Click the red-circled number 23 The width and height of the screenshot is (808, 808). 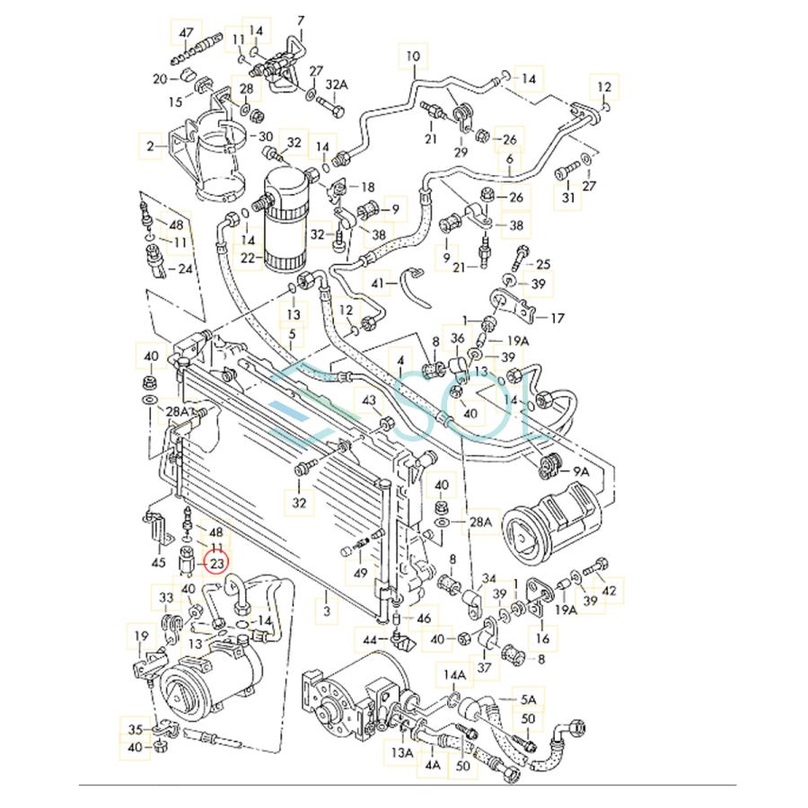tap(216, 564)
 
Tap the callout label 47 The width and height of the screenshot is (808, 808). tap(186, 32)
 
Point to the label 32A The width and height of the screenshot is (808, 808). tap(336, 84)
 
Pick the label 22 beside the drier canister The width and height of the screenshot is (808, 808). tap(248, 259)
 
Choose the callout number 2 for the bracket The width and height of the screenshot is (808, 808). tap(151, 144)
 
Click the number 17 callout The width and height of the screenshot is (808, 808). tap(557, 317)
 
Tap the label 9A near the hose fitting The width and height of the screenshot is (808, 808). tap(581, 470)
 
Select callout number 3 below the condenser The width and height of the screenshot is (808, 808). tap(327, 611)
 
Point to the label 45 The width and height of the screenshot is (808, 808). tap(159, 563)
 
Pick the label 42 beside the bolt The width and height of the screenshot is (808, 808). tap(610, 590)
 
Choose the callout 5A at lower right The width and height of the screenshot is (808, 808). tap(528, 698)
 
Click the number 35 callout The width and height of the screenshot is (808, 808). tap(136, 728)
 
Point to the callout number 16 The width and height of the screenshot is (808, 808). tap(542, 638)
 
